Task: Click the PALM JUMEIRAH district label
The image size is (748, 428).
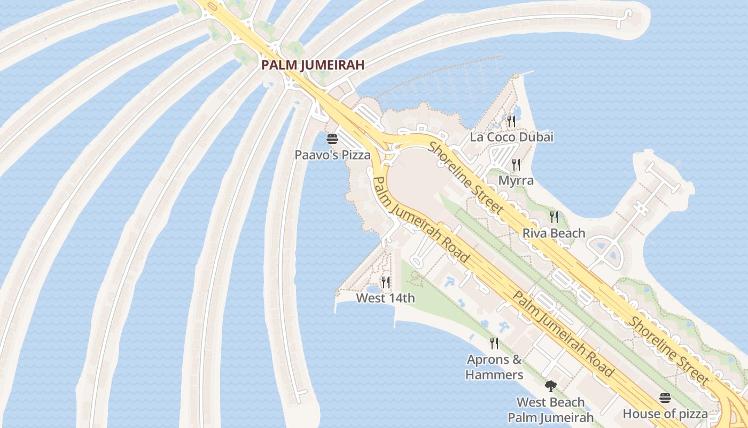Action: pos(313,65)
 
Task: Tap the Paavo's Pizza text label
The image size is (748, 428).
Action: pos(332,155)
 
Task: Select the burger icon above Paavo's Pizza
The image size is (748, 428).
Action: pos(332,140)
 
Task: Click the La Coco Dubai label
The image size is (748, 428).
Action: pos(511,137)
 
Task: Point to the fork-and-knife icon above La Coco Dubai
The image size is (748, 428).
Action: pos(511,121)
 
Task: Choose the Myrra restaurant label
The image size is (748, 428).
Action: pos(516,181)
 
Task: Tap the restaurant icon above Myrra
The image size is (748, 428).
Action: pos(516,164)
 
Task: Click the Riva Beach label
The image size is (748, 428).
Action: pos(554,233)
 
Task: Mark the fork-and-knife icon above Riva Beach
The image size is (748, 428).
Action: pos(554,217)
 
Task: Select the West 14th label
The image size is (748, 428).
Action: pos(385,298)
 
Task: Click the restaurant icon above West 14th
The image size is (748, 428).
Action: pos(385,282)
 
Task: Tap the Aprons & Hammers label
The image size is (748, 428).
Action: pos(494,367)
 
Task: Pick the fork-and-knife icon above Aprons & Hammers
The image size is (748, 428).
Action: pos(494,343)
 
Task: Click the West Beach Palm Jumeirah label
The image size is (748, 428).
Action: pos(550,410)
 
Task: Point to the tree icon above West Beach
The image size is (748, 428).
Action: pos(550,386)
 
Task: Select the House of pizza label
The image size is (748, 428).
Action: pos(665,414)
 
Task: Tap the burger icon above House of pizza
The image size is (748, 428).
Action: pos(665,398)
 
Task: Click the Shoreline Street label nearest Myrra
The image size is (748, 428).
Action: pos(466,178)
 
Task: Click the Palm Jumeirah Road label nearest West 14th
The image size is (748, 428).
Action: pos(422,219)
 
